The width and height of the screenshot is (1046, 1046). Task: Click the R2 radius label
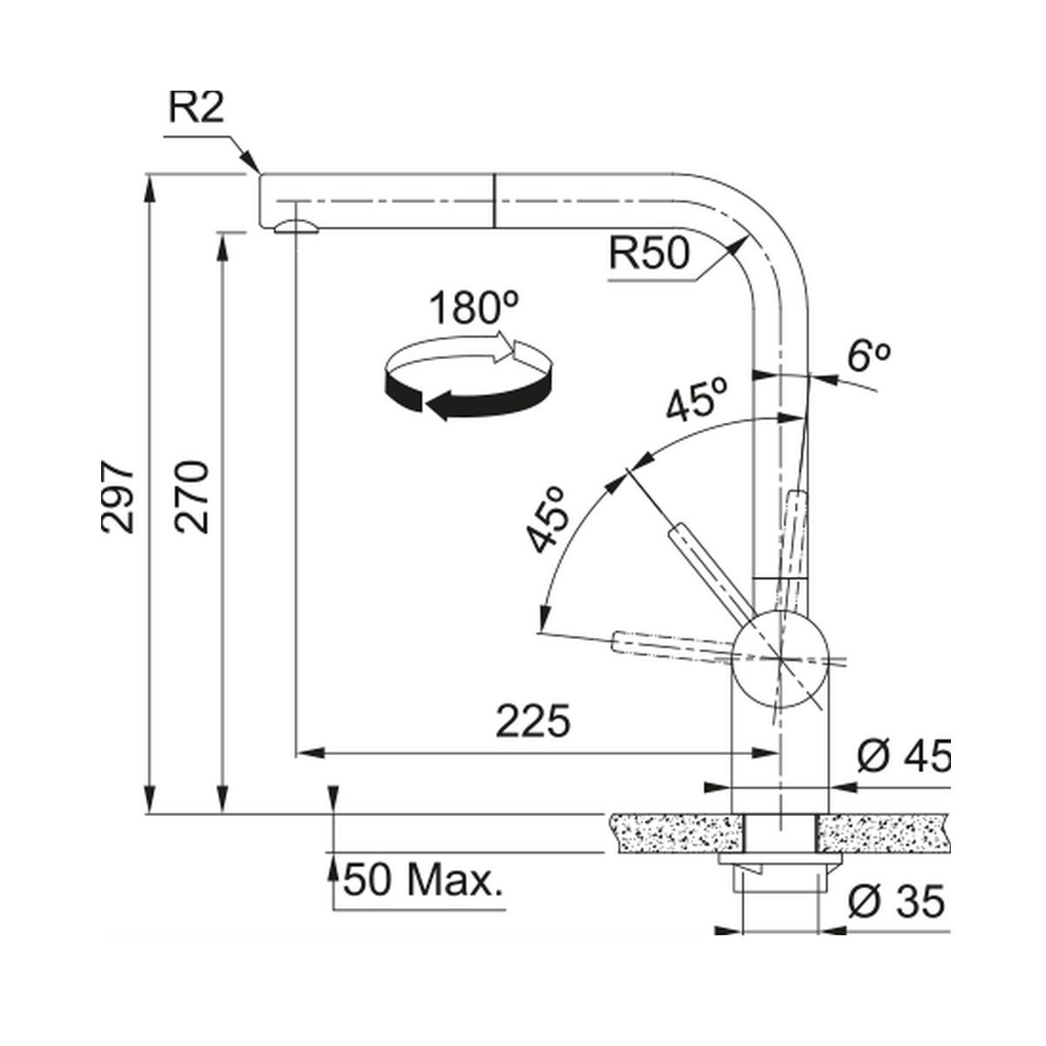pyautogui.click(x=196, y=107)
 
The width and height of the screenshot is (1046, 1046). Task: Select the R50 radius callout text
pyautogui.click(x=649, y=253)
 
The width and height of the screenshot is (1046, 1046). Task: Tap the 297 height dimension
pyautogui.click(x=117, y=497)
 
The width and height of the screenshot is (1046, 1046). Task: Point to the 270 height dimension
pyautogui.click(x=191, y=497)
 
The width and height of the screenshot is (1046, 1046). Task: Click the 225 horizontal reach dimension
pyautogui.click(x=533, y=721)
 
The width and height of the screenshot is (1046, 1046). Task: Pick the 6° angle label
pyautogui.click(x=868, y=357)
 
